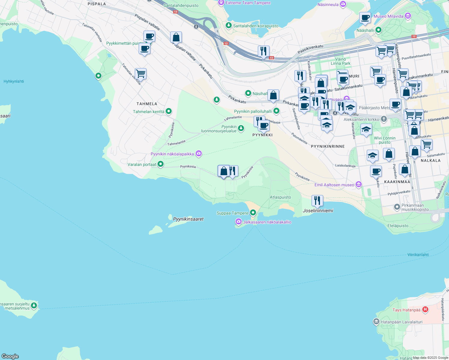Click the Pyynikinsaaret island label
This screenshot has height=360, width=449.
188,219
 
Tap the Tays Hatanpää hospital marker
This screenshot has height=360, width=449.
425,310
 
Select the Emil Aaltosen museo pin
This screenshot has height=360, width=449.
359,184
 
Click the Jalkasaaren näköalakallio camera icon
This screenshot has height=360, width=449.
238,222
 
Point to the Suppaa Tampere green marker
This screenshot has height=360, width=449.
253,213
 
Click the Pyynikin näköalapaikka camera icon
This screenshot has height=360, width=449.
198,154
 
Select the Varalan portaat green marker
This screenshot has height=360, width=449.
161,164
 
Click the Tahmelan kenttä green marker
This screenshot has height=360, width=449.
169,111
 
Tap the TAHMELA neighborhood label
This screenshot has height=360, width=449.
147,104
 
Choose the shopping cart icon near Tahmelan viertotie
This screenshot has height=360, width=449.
140,73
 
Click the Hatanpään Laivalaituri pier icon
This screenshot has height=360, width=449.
376,322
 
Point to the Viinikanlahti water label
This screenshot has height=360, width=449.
418,255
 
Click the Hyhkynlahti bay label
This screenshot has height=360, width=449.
14,81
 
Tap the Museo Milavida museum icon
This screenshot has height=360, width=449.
408,16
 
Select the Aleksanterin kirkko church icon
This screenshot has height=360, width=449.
384,119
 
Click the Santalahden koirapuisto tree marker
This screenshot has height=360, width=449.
229,25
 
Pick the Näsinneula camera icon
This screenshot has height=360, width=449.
343,4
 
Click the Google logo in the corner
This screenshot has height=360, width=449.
10,356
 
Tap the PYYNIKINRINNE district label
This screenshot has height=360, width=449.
328,146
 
